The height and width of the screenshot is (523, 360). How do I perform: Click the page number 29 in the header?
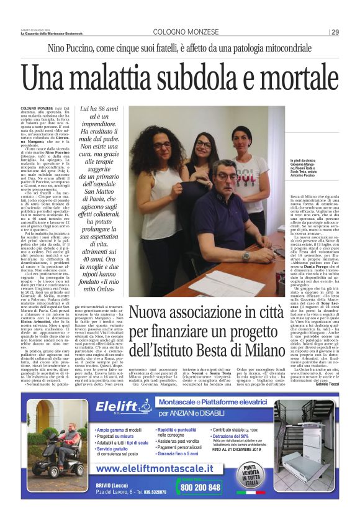pyautogui.click(x=335, y=32)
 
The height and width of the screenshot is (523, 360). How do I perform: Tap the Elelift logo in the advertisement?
pyautogui.click(x=122, y=407)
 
